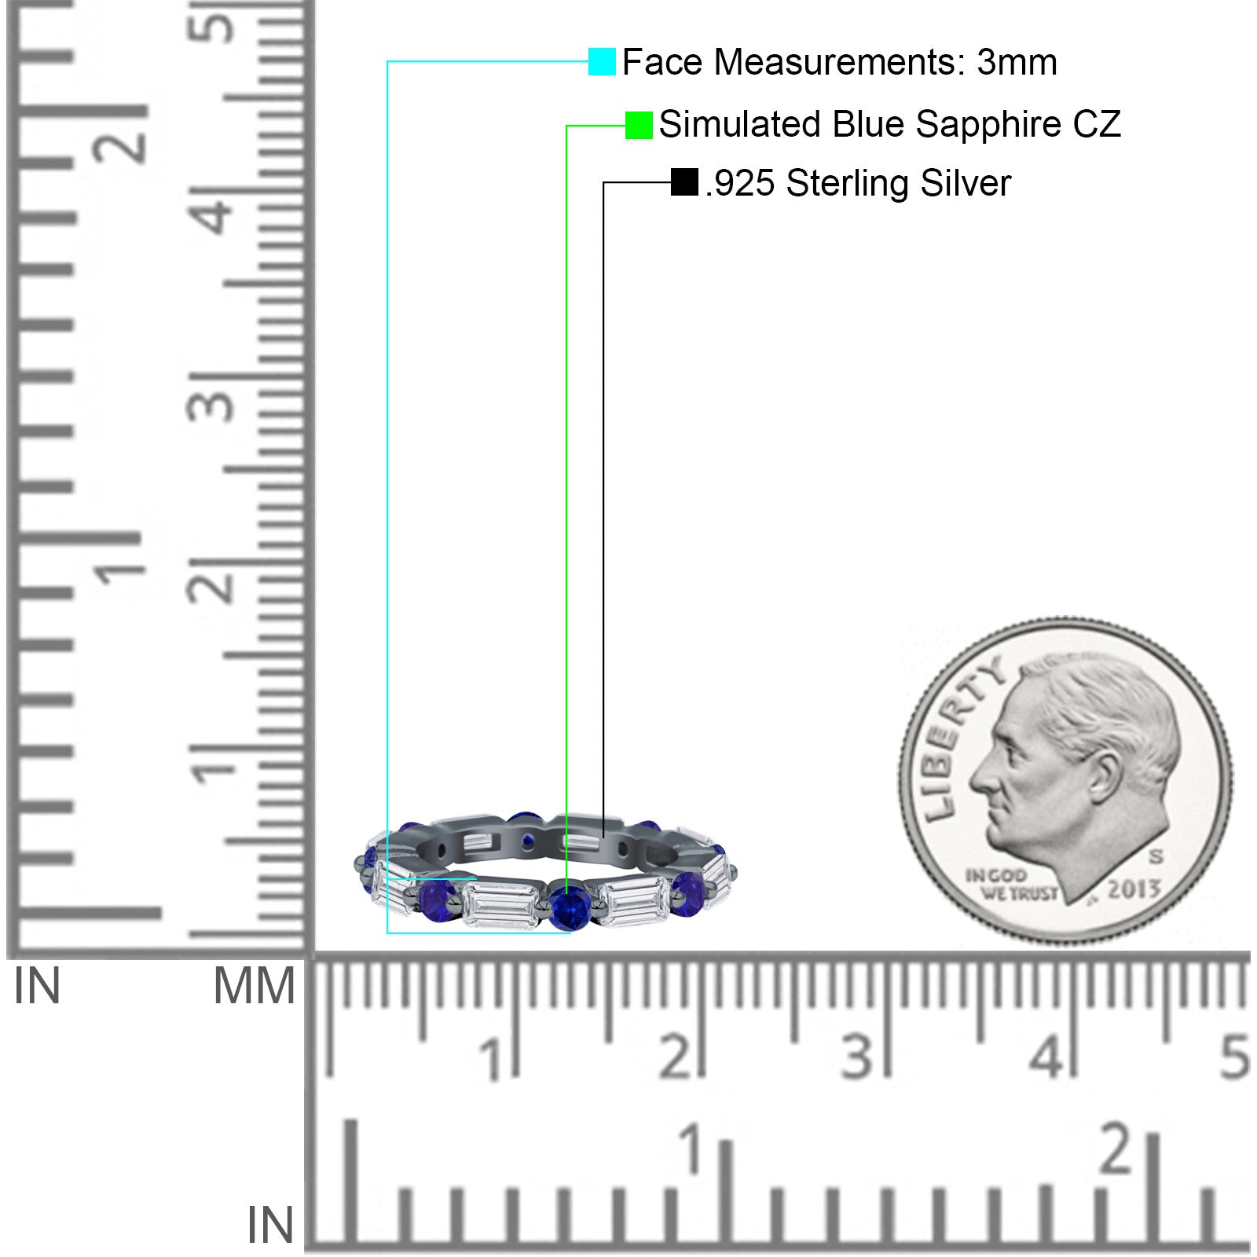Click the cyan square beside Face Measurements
tap(602, 62)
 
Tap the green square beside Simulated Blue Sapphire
tap(639, 125)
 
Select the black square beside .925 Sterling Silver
tap(684, 182)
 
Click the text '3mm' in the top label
tap(1017, 62)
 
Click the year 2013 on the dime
tap(1133, 889)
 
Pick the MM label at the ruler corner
tap(254, 987)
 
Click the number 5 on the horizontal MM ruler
tap(1234, 1057)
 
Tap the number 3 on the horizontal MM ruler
tap(856, 1057)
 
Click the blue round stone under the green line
tap(567, 907)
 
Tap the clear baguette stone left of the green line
tap(500, 903)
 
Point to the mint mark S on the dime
tap(1156, 856)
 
